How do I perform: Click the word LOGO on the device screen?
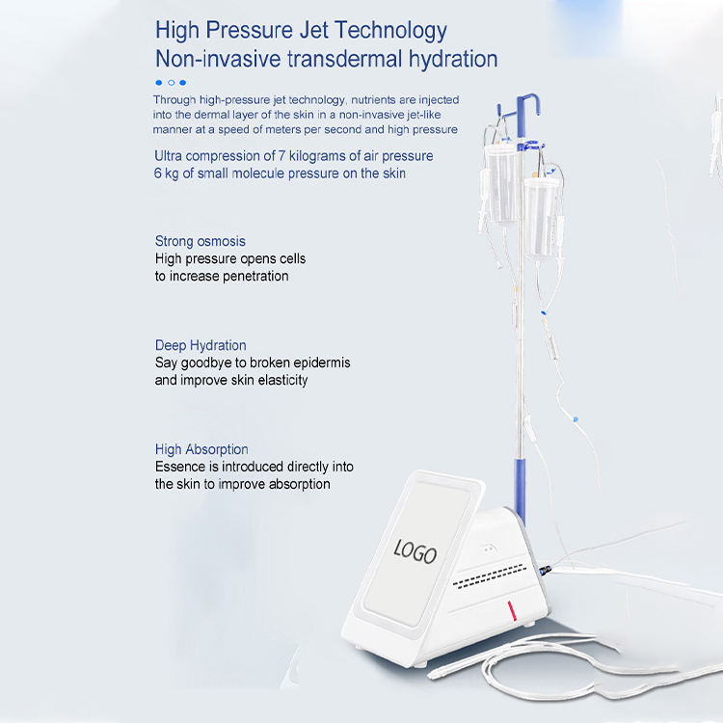[415, 552]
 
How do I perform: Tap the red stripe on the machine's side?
[512, 611]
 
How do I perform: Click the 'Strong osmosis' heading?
[201, 241]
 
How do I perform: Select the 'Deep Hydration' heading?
[201, 345]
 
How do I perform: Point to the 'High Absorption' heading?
[201, 449]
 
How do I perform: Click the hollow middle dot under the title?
[171, 83]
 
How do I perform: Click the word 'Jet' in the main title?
[313, 31]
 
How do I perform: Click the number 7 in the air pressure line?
[281, 156]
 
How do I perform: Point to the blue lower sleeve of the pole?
[520, 489]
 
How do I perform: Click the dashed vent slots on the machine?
[489, 576]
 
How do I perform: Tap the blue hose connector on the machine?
[544, 571]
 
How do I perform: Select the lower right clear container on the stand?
[541, 218]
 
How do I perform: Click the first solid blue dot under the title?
[159, 83]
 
